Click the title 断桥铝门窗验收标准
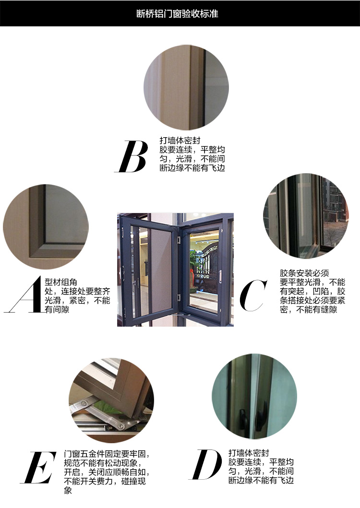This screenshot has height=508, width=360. coord(177,13)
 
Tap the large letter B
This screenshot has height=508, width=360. coord(132,156)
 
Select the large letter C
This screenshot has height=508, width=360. coord(253,295)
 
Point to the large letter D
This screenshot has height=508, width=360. coord(205,464)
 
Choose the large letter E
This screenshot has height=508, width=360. coord(38,467)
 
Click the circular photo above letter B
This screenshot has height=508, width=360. coord(186,87)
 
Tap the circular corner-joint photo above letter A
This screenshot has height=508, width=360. coord(46,227)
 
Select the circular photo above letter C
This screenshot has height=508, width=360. coord(306,216)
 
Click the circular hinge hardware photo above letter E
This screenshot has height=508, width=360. coord(111,401)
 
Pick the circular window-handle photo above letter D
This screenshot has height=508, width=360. coord(254,396)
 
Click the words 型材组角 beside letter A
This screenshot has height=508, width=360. coord(61,282)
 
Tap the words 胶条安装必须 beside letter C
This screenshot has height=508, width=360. coord(304,273)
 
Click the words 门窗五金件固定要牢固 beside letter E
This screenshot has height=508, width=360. coord(107,454)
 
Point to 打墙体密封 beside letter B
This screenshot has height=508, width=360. coord(180,141)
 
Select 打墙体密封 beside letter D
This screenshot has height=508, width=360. coord(249,453)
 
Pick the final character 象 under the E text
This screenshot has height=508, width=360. coord(68,490)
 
